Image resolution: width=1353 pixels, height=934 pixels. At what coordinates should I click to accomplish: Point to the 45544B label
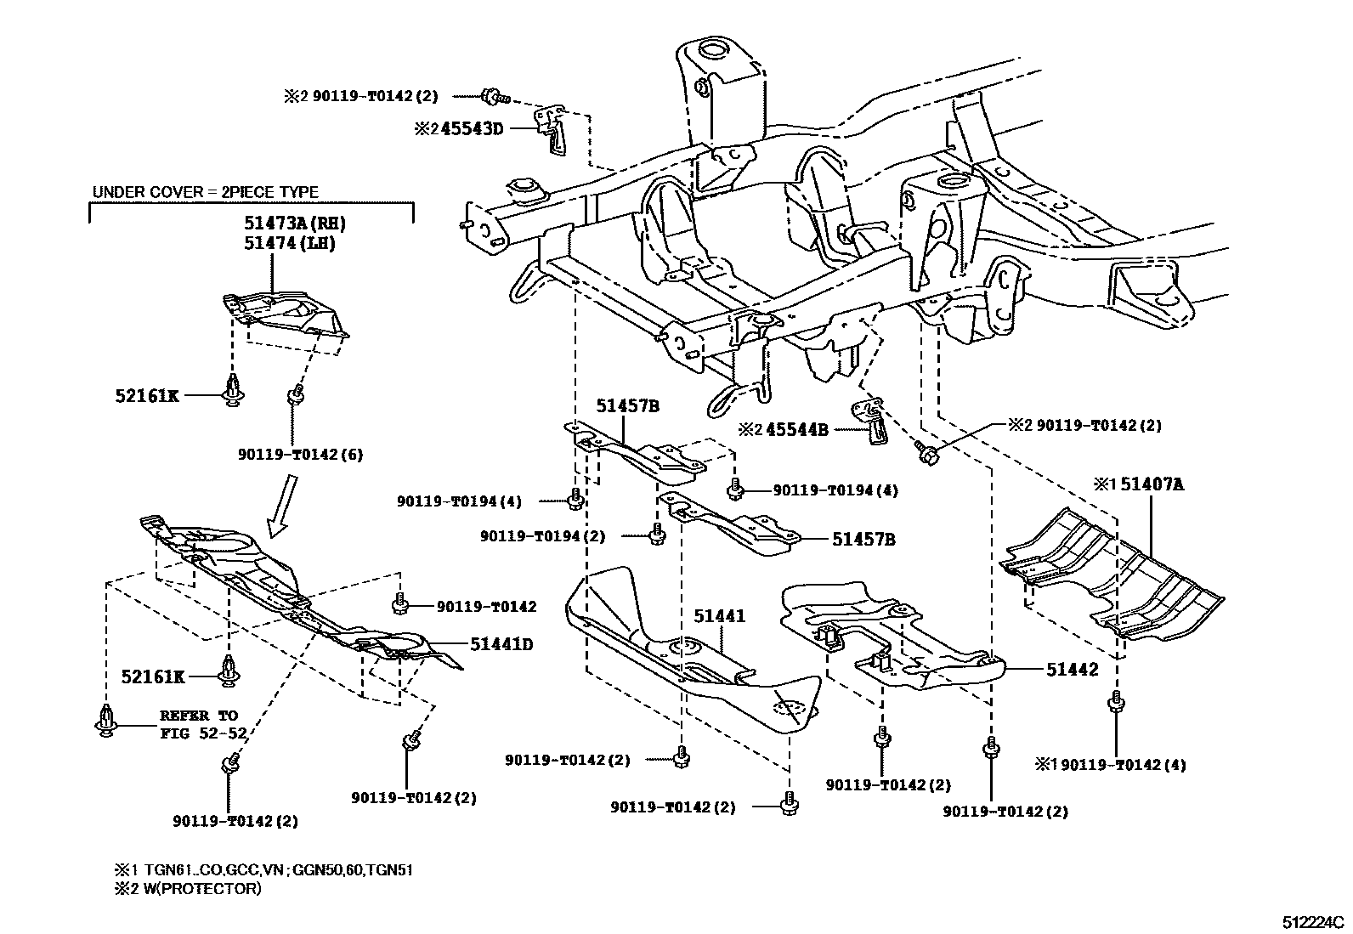tap(795, 430)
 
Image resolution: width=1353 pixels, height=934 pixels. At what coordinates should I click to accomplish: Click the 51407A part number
tap(1152, 485)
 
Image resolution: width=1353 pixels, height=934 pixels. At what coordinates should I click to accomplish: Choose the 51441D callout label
tap(502, 644)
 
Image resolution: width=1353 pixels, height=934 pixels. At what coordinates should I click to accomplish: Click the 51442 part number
tap(1072, 670)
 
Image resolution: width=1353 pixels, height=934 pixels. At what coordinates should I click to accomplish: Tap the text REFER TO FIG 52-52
tap(199, 724)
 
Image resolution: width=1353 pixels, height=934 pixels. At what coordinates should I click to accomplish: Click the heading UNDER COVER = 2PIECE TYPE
tap(206, 193)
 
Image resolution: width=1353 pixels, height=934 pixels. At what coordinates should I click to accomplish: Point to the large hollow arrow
tap(283, 507)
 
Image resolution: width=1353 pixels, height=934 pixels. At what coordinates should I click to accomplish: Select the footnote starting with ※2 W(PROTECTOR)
tap(188, 889)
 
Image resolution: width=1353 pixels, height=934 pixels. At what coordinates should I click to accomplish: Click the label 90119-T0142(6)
tap(300, 455)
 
